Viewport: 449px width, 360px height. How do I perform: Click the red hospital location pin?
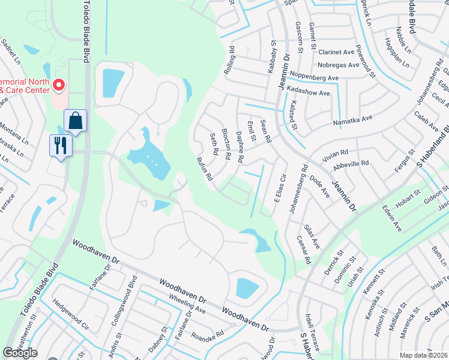click(x=59, y=86)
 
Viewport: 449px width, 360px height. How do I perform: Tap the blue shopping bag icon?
click(x=76, y=121)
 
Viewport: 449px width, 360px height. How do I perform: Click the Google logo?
click(x=20, y=353)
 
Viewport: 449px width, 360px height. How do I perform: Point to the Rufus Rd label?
click(x=205, y=169)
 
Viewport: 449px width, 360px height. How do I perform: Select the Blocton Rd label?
click(x=226, y=144)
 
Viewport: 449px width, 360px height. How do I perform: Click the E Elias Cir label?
click(x=278, y=190)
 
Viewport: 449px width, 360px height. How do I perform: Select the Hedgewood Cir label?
click(x=71, y=320)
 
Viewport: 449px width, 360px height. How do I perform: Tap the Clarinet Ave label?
click(x=337, y=52)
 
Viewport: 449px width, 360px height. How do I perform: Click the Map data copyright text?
click(x=424, y=355)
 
